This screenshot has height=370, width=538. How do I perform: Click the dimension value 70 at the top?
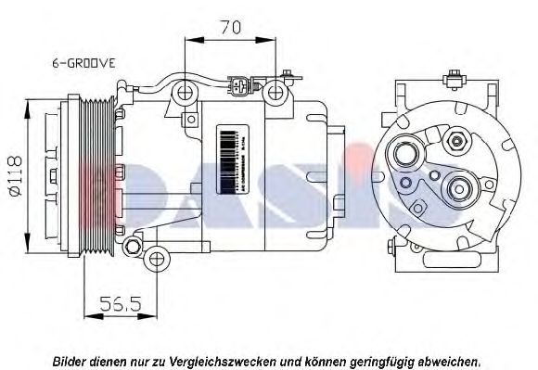pos(231,28)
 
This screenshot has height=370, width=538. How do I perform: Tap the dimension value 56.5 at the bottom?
pos(119,302)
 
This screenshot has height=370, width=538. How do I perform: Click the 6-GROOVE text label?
pos(83,63)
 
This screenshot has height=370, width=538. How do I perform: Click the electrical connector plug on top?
pos(238,89)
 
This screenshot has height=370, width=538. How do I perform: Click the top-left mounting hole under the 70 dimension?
pos(187,92)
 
